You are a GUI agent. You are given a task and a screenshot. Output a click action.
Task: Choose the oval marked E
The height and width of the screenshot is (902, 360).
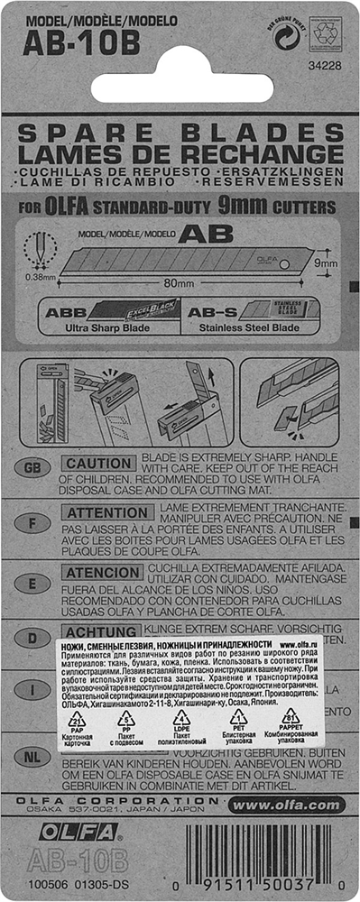[32, 584]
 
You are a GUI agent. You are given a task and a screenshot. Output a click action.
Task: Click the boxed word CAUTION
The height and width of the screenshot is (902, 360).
[99, 463]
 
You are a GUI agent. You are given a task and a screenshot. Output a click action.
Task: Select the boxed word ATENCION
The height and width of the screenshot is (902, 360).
[102, 572]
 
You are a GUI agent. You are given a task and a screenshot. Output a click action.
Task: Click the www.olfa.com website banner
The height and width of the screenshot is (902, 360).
[287, 805]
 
